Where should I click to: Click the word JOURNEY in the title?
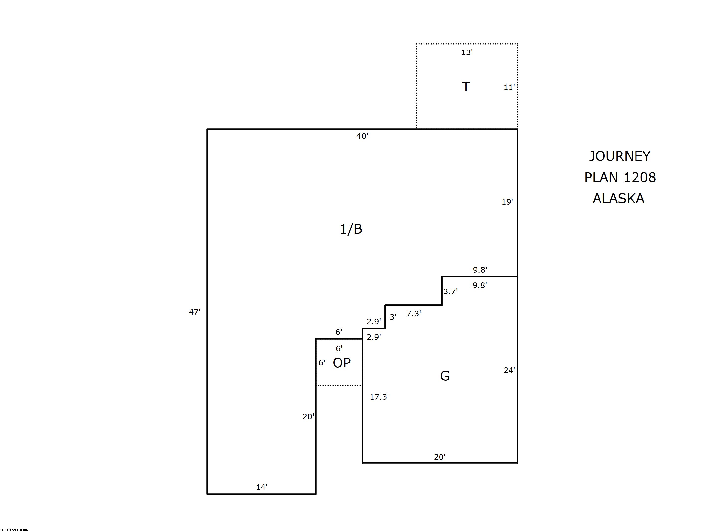[619, 156]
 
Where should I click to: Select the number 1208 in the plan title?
[639, 177]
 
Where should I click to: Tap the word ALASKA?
[618, 198]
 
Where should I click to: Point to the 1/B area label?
[351, 229]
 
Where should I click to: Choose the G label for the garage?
[445, 376]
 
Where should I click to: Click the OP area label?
[342, 363]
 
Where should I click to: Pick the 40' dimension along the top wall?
[362, 136]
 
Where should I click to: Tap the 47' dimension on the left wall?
[194, 312]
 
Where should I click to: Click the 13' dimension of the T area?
[467, 52]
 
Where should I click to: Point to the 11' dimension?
[509, 87]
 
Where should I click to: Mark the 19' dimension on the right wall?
[507, 202]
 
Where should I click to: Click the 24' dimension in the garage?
[509, 370]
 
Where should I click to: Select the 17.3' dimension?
[379, 397]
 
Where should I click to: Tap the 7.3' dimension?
[414, 313]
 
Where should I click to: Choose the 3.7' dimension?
[450, 291]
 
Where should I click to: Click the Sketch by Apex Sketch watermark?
[15, 529]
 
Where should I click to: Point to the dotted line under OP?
[339, 385]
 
